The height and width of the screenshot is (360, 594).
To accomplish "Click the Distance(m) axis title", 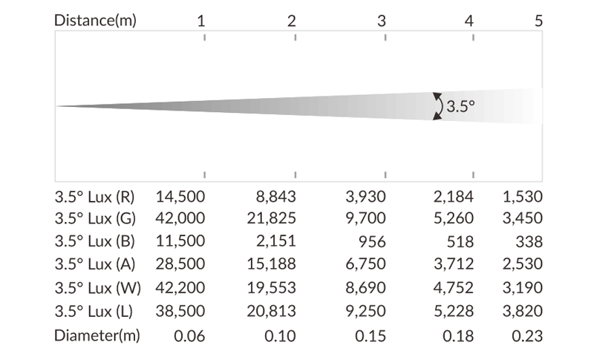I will [95, 20].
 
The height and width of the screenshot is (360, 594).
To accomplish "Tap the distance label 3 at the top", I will [382, 20].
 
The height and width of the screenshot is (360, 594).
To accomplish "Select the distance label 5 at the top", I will [538, 20].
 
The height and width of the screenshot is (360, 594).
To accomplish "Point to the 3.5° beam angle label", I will [460, 106].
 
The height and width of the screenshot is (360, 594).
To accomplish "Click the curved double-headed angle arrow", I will [438, 106].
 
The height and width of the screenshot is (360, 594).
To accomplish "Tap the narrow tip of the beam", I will [59, 106].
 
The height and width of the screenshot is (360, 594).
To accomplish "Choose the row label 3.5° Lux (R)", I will [94, 197].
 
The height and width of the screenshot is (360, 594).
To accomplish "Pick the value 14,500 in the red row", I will [180, 197].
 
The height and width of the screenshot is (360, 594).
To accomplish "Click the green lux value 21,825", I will [271, 219].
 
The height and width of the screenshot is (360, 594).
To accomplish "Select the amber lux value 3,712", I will [454, 265].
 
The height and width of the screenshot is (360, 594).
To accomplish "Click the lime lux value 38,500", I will [180, 312].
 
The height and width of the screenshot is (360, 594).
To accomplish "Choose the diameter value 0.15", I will [371, 336].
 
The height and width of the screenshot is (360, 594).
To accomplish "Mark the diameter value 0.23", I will [527, 336].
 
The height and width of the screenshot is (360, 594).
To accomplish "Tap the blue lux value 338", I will [529, 242].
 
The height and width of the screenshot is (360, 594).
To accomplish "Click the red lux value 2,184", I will [454, 197].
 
